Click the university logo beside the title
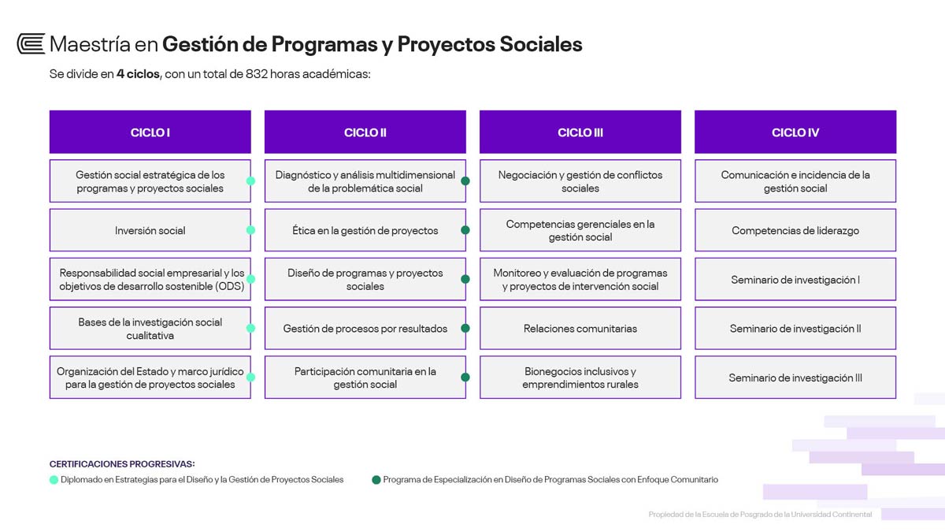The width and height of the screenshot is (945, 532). (x=31, y=43)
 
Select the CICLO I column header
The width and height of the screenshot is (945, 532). (x=150, y=132)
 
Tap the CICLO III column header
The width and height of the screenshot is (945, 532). (x=580, y=132)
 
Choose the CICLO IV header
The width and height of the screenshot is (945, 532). (x=795, y=132)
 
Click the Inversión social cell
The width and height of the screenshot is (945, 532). (x=150, y=230)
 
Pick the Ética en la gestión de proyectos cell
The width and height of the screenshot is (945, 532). (x=365, y=230)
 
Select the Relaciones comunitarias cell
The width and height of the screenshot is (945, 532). (x=580, y=328)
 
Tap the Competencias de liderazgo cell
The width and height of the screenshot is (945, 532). (x=795, y=230)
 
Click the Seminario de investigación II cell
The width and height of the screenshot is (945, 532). (x=795, y=328)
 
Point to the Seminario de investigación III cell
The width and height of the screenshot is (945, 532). (x=795, y=377)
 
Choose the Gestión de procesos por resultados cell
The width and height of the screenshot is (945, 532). (x=365, y=328)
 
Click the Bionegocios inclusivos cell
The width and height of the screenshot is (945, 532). (x=580, y=377)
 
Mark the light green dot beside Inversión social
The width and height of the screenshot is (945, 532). (x=250, y=230)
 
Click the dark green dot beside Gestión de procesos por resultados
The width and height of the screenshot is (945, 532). (x=465, y=328)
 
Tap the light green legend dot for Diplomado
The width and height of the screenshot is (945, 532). (x=54, y=480)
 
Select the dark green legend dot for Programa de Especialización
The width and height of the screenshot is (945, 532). (x=376, y=480)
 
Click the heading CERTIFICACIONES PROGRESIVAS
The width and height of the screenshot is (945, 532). (x=122, y=463)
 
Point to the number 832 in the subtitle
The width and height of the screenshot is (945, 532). (x=257, y=74)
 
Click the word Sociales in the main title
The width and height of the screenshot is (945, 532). (x=541, y=44)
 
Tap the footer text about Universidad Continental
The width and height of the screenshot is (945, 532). (x=760, y=514)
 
